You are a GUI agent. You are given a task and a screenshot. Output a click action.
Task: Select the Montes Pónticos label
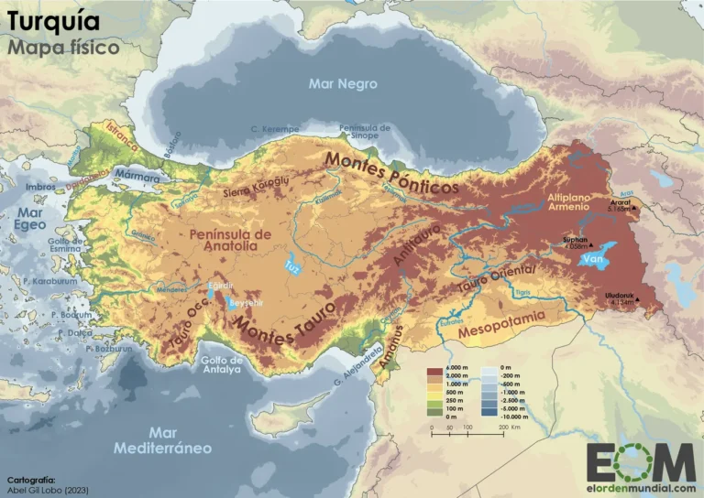(x=391, y=173)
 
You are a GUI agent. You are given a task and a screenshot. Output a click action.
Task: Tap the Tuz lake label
(x=293, y=266)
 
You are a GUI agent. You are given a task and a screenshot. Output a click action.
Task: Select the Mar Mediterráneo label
(x=163, y=440)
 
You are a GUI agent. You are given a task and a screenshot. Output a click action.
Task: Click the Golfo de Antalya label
(x=220, y=364)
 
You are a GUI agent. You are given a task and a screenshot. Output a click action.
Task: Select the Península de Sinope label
(x=365, y=133)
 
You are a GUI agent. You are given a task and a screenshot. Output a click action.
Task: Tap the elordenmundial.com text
(x=641, y=487)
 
